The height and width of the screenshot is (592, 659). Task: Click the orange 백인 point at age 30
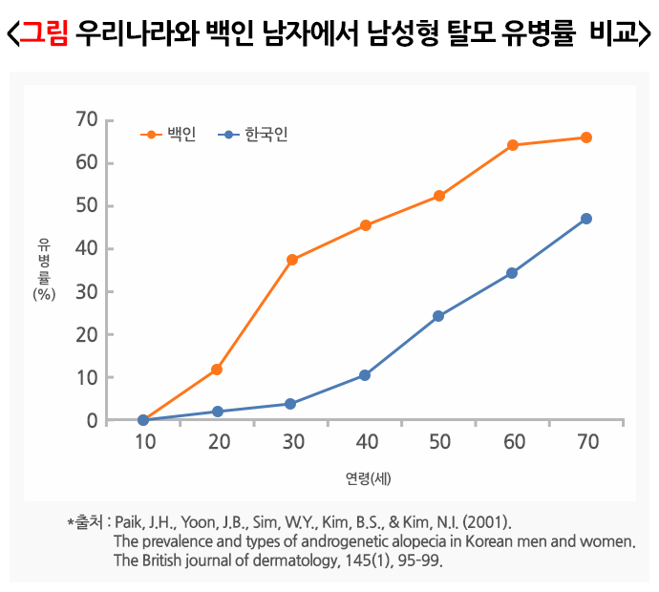click(x=291, y=260)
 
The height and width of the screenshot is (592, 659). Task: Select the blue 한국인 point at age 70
click(x=585, y=219)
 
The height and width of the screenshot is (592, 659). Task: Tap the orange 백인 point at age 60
click(x=512, y=145)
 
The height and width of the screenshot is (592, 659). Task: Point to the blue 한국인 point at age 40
click(x=365, y=375)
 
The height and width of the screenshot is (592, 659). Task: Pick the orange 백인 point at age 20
click(x=217, y=370)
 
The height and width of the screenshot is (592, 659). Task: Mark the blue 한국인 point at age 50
click(x=438, y=316)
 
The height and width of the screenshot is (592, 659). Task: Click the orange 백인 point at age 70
click(x=585, y=137)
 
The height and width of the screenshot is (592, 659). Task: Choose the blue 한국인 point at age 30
click(x=291, y=404)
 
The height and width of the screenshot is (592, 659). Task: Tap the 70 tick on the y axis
click(x=87, y=119)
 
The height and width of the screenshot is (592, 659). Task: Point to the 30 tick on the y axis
click(x=87, y=291)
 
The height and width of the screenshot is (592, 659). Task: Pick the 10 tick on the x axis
click(x=144, y=441)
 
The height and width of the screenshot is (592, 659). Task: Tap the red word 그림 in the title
click(x=45, y=34)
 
